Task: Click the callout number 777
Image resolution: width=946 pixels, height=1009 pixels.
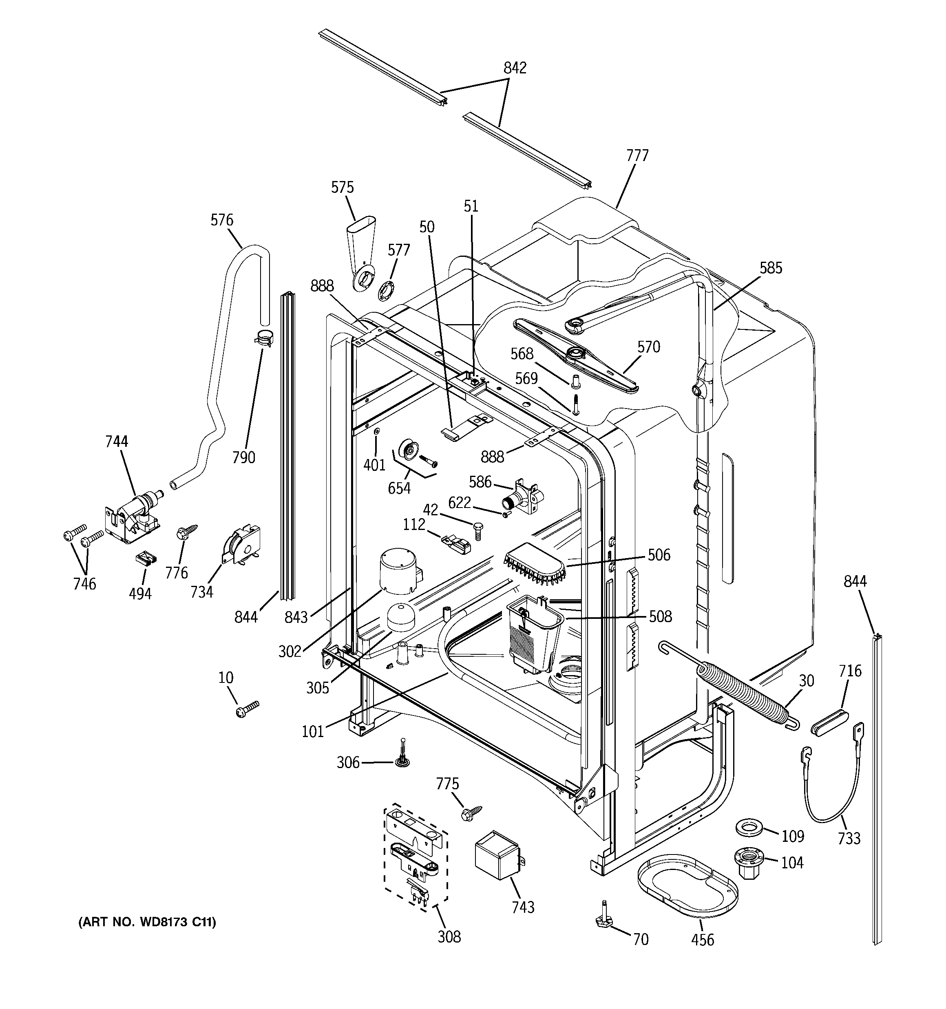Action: click(x=637, y=155)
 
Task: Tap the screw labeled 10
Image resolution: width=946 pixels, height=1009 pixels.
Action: click(x=247, y=709)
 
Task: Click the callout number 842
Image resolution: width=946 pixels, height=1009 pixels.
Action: click(x=515, y=68)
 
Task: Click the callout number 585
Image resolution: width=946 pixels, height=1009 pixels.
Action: click(x=770, y=268)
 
